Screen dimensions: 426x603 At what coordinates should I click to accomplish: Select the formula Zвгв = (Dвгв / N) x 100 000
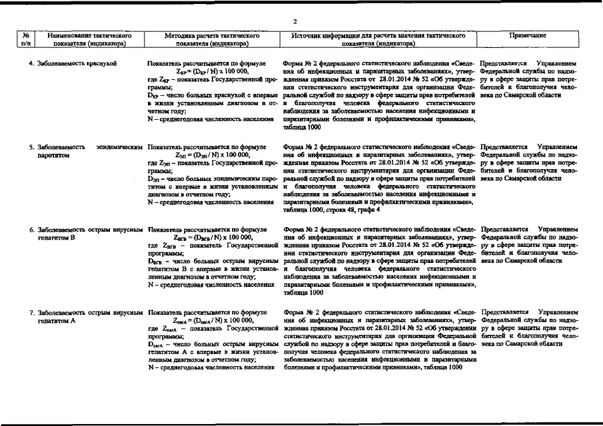click(x=213, y=236)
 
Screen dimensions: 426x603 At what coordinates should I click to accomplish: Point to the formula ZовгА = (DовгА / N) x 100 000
click(x=213, y=319)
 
